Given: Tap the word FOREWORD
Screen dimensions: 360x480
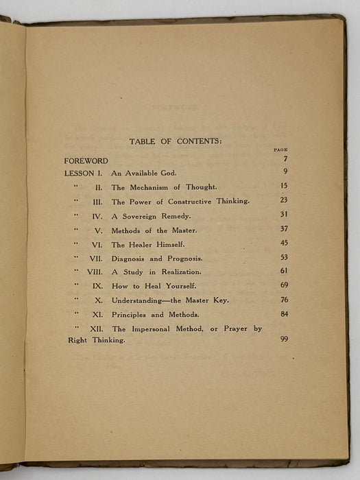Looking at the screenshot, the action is point(87,160).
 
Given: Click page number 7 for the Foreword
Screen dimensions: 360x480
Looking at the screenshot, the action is point(285,159).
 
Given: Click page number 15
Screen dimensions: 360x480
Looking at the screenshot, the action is point(284,185).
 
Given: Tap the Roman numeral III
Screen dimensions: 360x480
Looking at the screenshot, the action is point(97,202).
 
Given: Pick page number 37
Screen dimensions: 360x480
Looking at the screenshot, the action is point(284,228).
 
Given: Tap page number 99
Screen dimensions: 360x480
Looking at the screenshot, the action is point(284,339).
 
